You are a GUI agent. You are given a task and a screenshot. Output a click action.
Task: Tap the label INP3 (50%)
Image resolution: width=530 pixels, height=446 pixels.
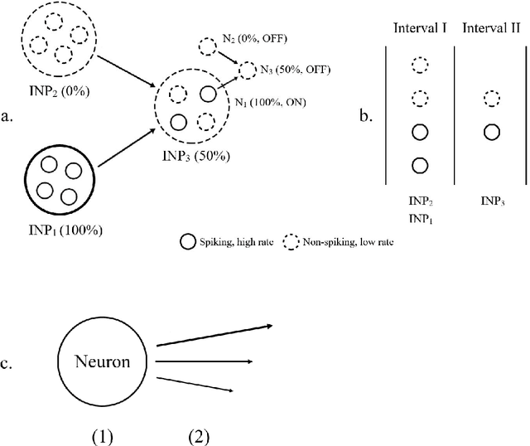tap(197, 156)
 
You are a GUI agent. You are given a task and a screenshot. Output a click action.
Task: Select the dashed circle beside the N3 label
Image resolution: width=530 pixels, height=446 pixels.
tap(248, 71)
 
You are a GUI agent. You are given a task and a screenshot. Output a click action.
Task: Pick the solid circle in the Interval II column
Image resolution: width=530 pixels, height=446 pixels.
tap(490, 131)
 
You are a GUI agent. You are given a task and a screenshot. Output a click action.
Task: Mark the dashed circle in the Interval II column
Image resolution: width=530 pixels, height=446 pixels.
tap(490, 99)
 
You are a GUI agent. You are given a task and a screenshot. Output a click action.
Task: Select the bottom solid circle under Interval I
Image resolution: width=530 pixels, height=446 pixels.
tap(419, 164)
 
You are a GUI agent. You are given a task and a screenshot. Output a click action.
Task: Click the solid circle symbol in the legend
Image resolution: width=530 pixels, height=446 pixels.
tap(186, 242)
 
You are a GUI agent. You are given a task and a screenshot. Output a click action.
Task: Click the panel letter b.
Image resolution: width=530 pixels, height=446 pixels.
tap(365, 116)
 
